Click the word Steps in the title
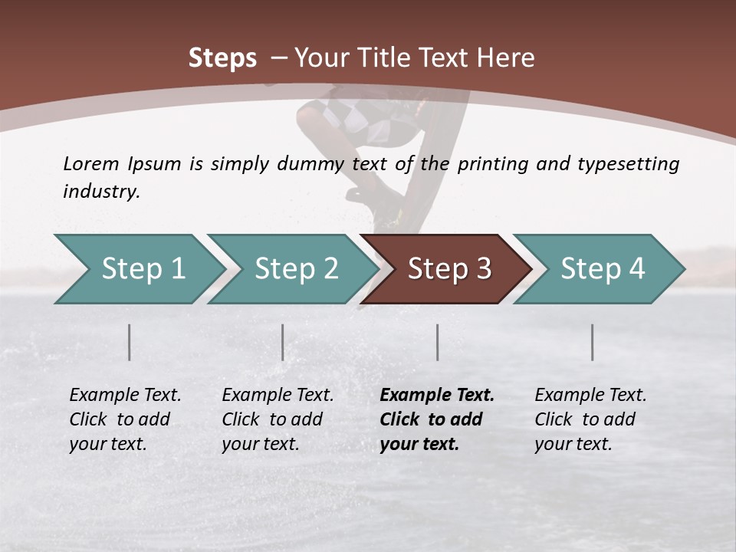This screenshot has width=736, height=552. click(x=222, y=58)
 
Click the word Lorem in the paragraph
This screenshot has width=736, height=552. click(x=91, y=163)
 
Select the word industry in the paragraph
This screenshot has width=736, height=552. click(x=101, y=192)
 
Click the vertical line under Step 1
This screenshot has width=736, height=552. click(x=130, y=342)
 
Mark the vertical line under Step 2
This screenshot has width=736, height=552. click(x=283, y=342)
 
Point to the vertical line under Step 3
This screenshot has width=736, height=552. click(x=437, y=342)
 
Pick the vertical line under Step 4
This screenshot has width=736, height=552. click(x=593, y=342)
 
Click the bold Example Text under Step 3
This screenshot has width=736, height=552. click(x=437, y=419)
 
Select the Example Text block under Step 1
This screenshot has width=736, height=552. click(x=125, y=419)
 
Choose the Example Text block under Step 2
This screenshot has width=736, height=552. click(x=278, y=419)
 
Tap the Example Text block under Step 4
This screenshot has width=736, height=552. click(x=590, y=419)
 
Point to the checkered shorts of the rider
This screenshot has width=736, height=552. click(x=368, y=115)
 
